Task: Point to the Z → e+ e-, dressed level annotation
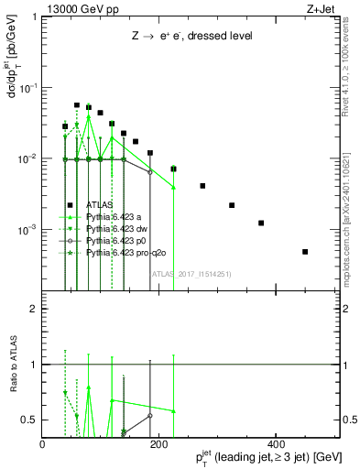click(191, 36)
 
